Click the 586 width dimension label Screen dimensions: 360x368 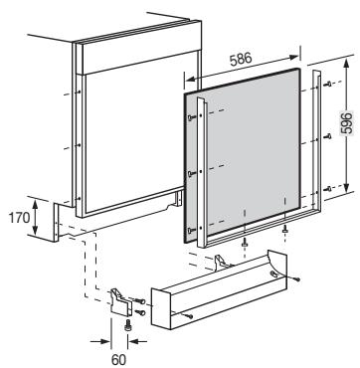[241, 59]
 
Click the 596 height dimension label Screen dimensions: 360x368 [347, 122]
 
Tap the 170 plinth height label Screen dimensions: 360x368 [19, 218]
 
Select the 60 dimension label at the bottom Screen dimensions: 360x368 [118, 360]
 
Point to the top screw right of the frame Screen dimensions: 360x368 [328, 85]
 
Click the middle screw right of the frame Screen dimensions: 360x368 [328, 135]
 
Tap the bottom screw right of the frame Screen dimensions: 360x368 [328, 189]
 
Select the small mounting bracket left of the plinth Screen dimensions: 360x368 [120, 302]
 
